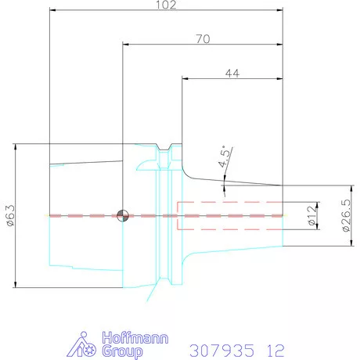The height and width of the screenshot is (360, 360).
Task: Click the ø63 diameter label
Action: click(x=10, y=217)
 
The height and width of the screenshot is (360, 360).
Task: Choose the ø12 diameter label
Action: click(x=311, y=216)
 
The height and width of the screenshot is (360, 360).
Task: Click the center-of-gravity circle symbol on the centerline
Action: click(x=122, y=215)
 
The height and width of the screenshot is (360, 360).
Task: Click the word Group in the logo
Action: click(x=118, y=352)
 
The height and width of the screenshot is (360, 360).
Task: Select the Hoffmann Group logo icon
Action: click(x=89, y=345)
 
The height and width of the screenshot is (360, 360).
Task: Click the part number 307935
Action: click(x=221, y=347)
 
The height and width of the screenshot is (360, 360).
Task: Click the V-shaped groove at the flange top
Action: click(x=165, y=149)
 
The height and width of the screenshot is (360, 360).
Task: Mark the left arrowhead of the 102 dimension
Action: click(x=52, y=11)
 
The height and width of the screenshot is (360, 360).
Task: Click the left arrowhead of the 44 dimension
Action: click(x=185, y=77)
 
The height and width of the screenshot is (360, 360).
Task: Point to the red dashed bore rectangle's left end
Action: click(x=178, y=215)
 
